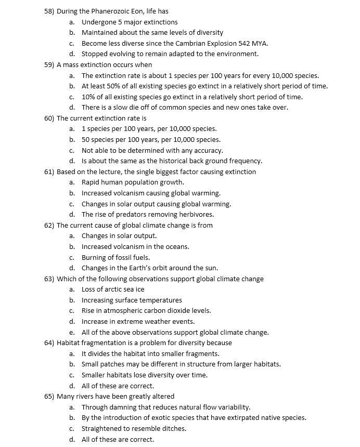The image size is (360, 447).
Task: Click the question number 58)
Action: pos(49,11)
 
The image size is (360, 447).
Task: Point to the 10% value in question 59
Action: pos(88,97)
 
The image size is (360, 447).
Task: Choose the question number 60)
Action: pos(49,118)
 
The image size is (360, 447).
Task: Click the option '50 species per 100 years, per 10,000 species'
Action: pos(151,139)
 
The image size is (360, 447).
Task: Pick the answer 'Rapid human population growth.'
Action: pos(133,182)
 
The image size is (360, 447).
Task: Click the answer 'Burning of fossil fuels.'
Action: pos(115,257)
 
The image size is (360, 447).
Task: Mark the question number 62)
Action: pos(49,225)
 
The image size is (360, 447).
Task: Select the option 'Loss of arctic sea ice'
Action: pos(113,289)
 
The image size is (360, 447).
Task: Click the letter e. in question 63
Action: pos(72,332)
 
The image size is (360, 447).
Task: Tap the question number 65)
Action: pos(49,396)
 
